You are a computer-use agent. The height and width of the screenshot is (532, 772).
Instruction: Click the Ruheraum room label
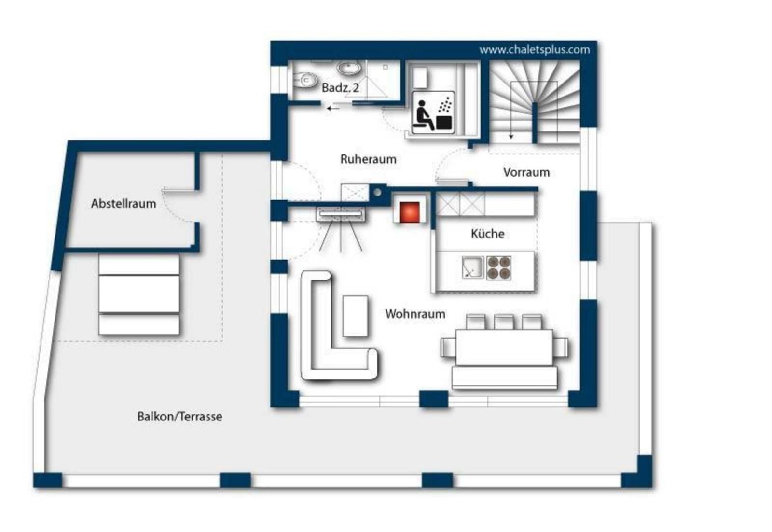pos(368,159)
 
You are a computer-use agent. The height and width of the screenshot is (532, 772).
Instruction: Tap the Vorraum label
pos(526,172)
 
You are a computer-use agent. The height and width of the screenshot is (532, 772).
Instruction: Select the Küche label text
pos(487,234)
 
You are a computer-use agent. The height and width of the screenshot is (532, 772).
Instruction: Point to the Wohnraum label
pos(415,314)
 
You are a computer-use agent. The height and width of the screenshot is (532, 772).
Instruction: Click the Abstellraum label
pos(124,203)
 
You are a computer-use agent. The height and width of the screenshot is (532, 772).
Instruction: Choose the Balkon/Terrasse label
pos(179,417)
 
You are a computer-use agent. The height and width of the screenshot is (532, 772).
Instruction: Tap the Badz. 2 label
pos(340,87)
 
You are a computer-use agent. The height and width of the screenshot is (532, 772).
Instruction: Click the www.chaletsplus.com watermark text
pos(535,50)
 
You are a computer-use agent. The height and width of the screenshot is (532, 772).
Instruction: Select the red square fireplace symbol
pos(410,212)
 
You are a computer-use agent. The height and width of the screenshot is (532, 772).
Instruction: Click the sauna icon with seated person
pos(433,113)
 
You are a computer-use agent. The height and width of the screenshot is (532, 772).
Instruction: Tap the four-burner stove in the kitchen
pos(499,267)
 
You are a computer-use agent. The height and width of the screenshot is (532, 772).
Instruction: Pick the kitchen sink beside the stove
pos(473,267)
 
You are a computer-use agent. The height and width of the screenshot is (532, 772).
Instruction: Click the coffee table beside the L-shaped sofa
pos(355,316)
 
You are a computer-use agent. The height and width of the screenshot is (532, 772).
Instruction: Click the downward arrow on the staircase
pos(511,111)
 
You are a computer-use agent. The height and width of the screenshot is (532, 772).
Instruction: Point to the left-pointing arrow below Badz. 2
pos(333,109)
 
